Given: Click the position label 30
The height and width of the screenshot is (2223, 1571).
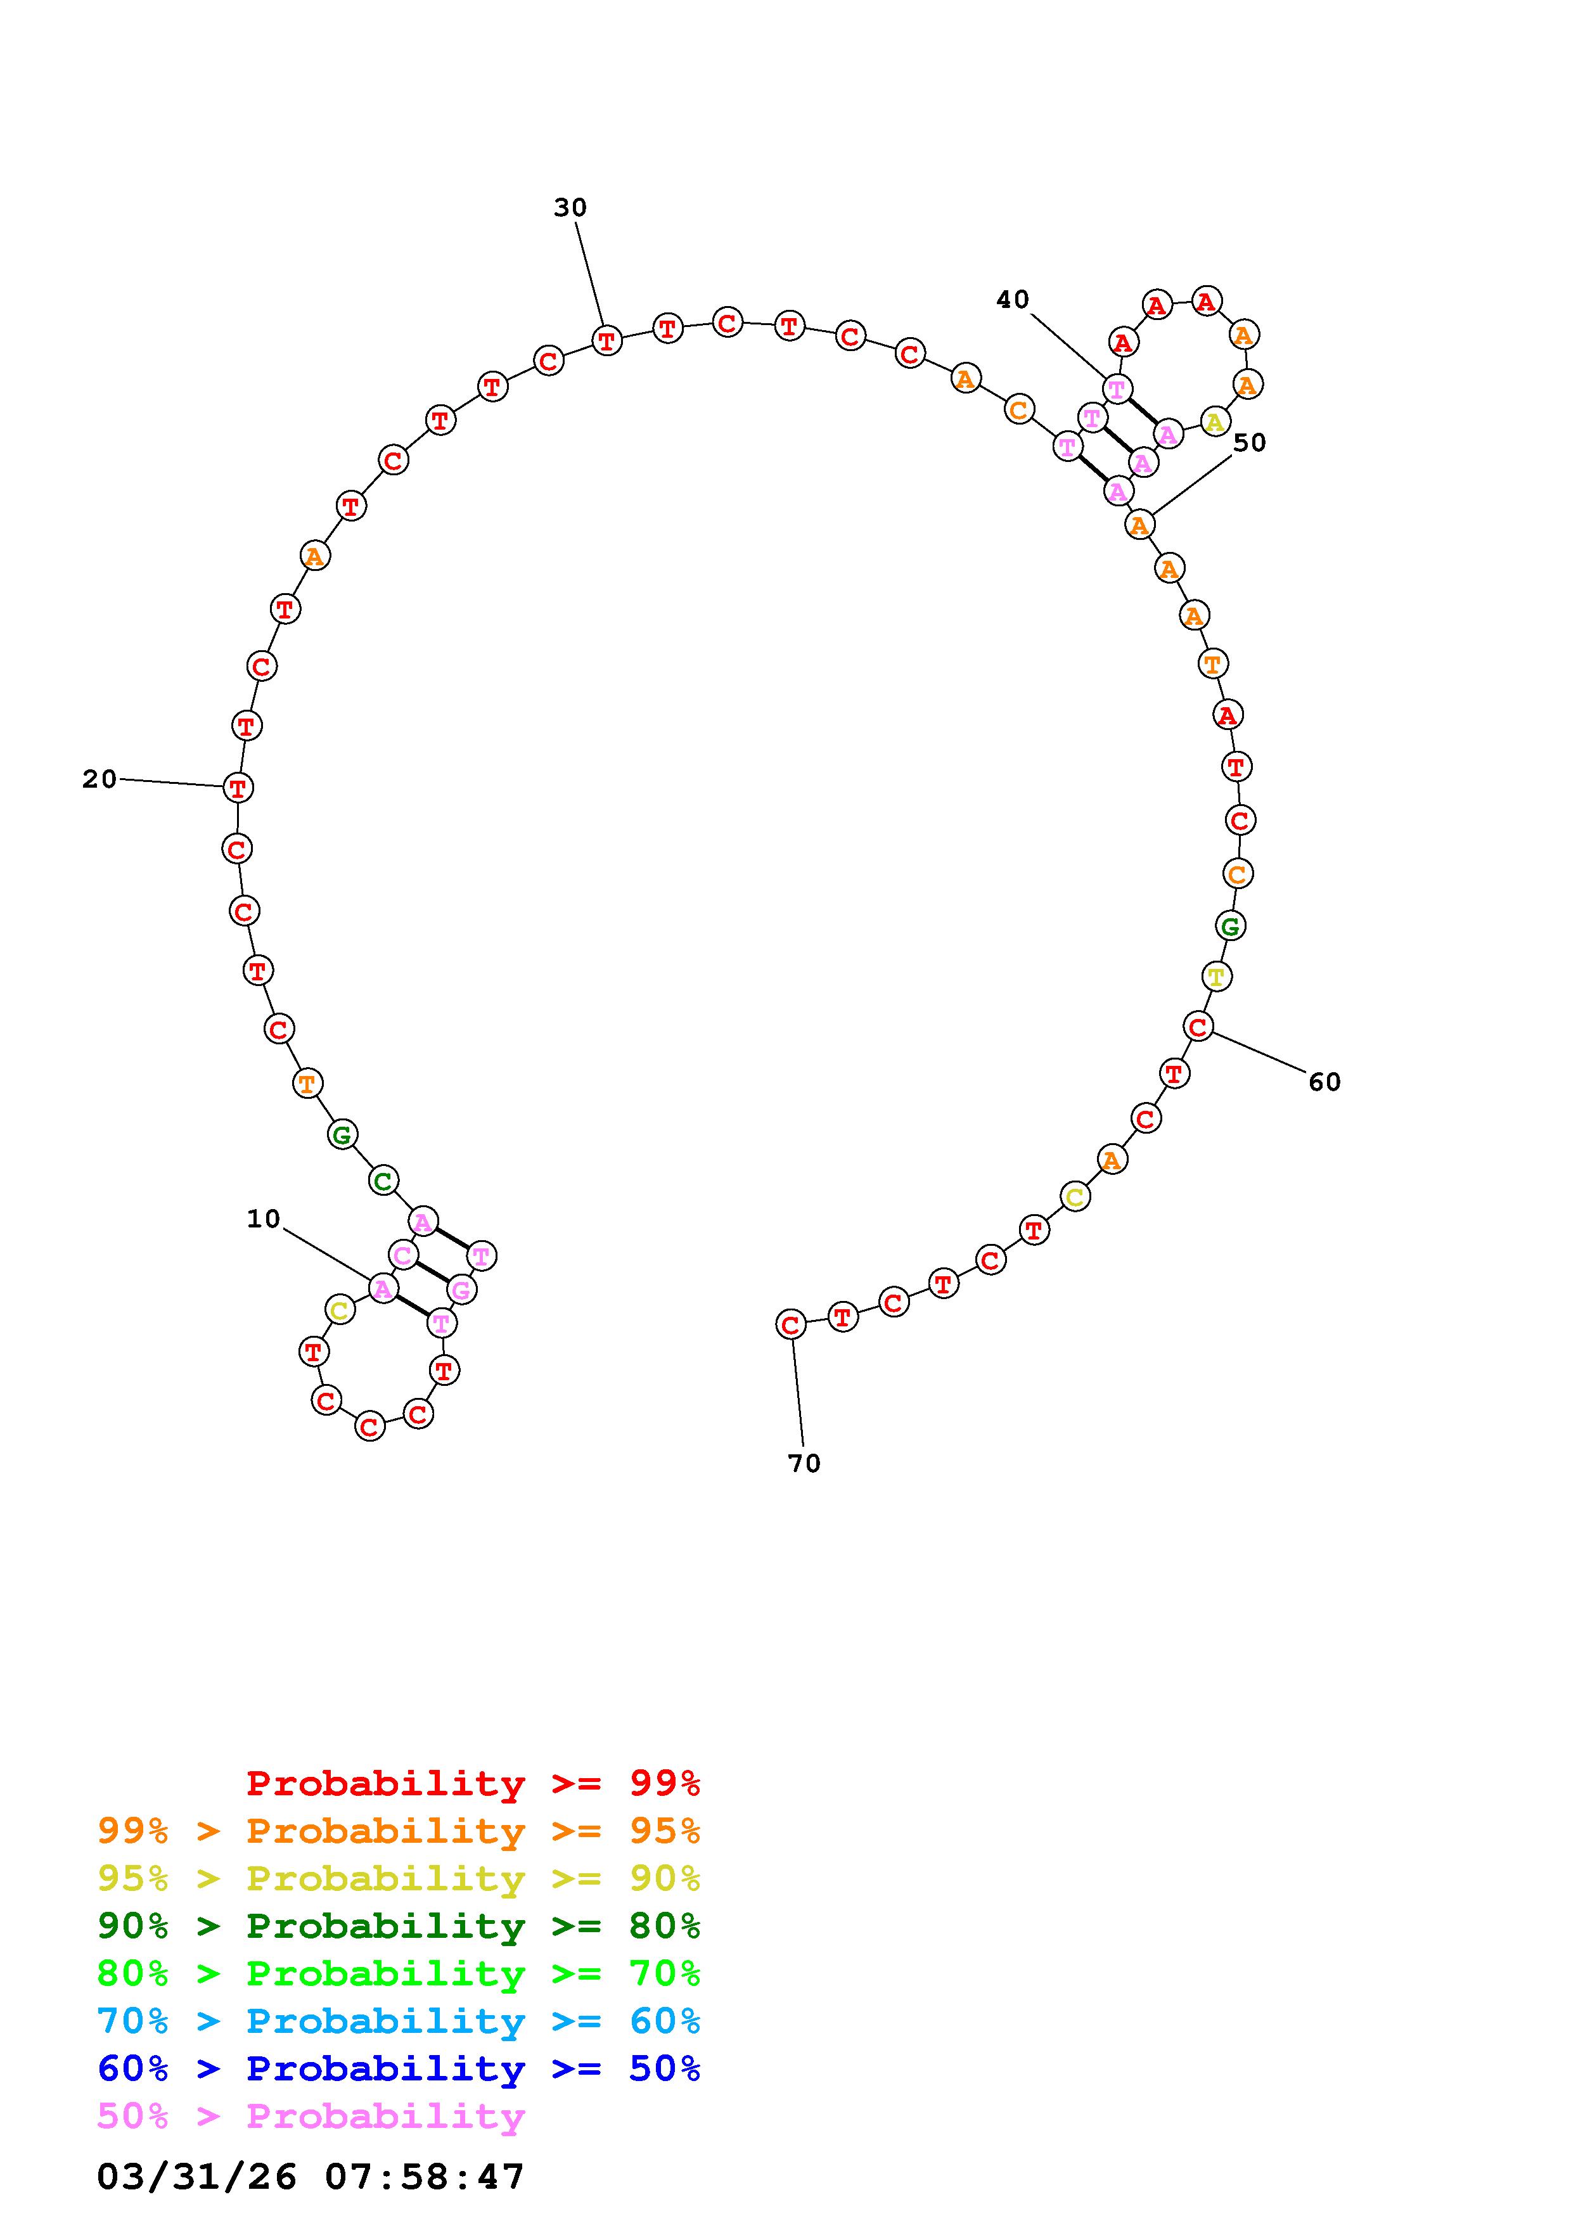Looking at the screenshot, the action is [570, 207].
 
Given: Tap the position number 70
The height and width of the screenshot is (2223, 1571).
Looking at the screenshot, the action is [804, 1463].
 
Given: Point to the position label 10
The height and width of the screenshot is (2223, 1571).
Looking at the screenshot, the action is [263, 1219].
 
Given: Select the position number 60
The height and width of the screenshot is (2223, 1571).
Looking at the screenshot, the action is [1324, 1082].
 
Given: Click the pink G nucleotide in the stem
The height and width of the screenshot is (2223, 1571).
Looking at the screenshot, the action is [461, 1290].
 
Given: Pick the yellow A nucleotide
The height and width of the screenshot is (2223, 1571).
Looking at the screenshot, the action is [1214, 421].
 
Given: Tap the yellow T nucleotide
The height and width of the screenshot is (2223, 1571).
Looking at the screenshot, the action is [1215, 976].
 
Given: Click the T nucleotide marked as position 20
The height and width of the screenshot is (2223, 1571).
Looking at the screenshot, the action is [238, 787].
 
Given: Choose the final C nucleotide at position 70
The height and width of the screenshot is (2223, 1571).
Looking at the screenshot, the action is [791, 1324].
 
